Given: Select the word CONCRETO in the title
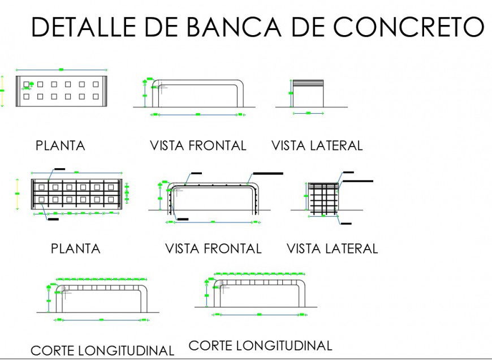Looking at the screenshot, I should point(408,27).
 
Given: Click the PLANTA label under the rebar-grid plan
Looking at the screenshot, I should point(76,248).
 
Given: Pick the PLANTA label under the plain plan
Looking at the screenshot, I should point(61,145).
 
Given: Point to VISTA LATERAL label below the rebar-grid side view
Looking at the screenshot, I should point(332,248).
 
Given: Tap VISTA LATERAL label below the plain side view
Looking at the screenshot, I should point(317,145).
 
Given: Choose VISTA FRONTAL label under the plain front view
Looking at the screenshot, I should point(198,145).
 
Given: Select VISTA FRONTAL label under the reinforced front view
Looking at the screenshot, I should point(213,248).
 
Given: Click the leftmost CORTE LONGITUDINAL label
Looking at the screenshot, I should point(102,351).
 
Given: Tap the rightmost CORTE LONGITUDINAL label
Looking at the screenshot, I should point(260,345).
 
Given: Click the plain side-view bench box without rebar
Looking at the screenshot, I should point(308,93).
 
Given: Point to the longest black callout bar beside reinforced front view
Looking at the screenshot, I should point(268,173).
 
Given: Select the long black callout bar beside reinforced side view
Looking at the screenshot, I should point(357,181).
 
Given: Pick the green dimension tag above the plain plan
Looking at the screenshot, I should point(61,69).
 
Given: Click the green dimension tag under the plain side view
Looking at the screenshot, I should point(308,113).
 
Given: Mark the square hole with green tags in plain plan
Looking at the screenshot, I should point(27,85).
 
